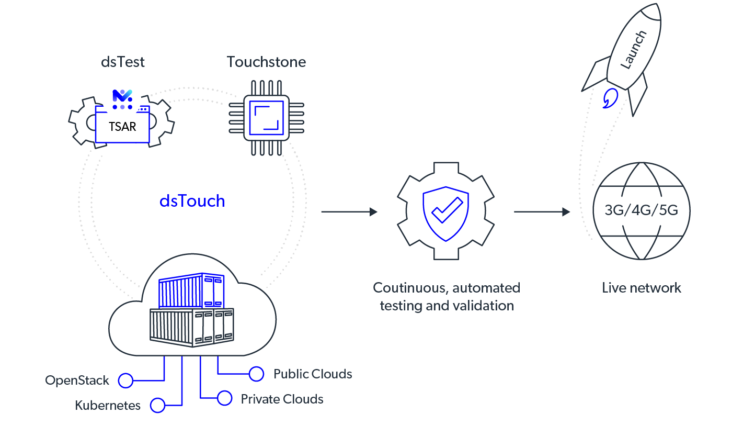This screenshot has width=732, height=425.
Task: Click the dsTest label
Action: [123, 62]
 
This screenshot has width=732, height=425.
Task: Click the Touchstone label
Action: [266, 62]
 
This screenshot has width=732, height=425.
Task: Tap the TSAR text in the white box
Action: [122, 127]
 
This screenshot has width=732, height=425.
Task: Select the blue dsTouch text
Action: [192, 202]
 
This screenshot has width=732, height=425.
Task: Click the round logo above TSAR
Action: [122, 96]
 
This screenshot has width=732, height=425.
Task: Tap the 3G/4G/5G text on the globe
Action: [641, 210]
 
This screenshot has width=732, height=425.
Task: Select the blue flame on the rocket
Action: [609, 98]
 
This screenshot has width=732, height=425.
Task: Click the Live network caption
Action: [642, 288]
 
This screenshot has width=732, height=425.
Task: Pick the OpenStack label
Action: [77, 381]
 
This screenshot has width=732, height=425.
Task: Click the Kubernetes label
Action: [108, 406]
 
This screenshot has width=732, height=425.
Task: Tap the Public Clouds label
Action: [313, 374]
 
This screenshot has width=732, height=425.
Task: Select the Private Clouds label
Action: [282, 399]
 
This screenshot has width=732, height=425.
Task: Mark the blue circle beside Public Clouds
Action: [256, 374]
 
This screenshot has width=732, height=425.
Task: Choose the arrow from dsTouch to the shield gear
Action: [349, 212]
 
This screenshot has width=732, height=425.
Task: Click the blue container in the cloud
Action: [191, 290]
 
